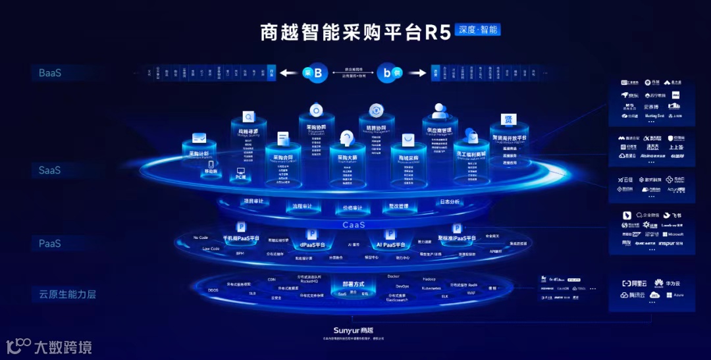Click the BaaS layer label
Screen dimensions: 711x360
point(49,73)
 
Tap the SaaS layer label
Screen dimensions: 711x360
point(49,170)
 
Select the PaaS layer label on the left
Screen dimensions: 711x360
point(49,244)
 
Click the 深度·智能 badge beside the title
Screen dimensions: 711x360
point(480,30)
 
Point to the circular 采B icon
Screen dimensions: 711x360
point(315,73)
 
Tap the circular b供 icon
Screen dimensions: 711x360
point(390,73)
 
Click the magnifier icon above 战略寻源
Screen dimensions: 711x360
point(249,117)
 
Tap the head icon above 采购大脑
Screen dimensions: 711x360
point(347,138)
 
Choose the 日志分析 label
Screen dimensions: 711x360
point(450,201)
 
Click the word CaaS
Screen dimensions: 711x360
point(354,225)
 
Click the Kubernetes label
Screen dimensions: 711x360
point(431,288)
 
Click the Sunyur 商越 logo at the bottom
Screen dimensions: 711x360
point(357,330)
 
